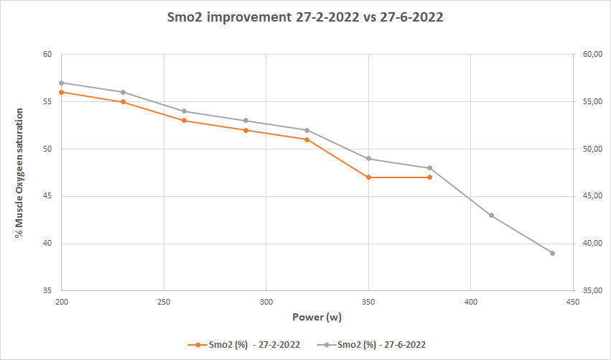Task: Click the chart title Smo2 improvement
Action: coord(306,18)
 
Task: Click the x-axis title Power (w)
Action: coord(316,317)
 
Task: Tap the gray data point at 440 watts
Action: coord(552,253)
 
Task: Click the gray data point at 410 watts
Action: coord(491,215)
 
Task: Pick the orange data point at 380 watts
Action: coord(430,177)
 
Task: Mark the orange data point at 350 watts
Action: coord(368,177)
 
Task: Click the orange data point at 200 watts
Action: coord(62,92)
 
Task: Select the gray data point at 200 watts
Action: coord(62,83)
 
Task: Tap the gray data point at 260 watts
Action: coord(185,111)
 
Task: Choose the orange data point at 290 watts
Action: coord(246,130)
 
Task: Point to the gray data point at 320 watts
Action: coord(307,130)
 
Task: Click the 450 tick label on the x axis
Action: coord(573,303)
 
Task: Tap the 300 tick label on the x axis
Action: coord(266,303)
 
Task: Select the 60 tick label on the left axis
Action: coord(47,55)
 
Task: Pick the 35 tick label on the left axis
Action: coord(47,291)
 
